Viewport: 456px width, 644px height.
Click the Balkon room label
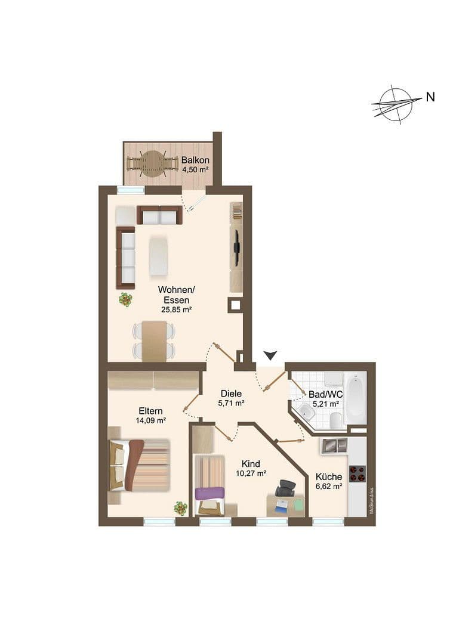pos(195,160)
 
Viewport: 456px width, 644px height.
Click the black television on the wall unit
pos(237,247)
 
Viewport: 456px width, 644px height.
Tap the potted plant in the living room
pos(125,299)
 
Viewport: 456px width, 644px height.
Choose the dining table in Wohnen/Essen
pos(155,340)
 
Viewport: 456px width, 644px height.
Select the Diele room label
pos(231,394)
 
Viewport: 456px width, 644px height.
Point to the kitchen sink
pos(334,444)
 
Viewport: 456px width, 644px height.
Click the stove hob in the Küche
pos(357,473)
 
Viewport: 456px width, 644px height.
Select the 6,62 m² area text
pos(329,487)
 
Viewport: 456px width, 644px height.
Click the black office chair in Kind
pos(286,488)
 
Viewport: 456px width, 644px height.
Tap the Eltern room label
pos(151,411)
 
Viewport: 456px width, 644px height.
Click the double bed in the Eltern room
pos(138,465)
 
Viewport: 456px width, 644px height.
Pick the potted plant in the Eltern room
pos(180,507)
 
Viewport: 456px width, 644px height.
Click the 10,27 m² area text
pos(251,475)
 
